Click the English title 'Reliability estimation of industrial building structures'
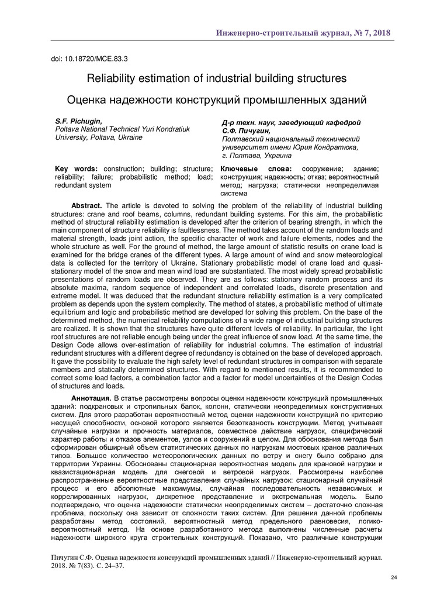pos(217,78)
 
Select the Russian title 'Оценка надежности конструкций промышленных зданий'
pos(217,99)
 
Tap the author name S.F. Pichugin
pos(78,121)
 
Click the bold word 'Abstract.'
pos(86,206)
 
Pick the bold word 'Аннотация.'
pos(91,398)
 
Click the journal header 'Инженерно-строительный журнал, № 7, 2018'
pos(303,32)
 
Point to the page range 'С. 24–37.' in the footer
pos(109,566)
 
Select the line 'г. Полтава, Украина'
pos(256,156)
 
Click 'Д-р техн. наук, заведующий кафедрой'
pos(291,123)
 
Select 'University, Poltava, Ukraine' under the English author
pos(98,137)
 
